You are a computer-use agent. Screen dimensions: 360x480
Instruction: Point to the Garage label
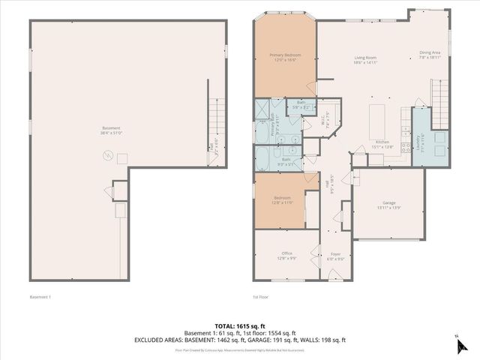388,203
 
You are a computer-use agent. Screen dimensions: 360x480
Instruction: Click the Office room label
286,255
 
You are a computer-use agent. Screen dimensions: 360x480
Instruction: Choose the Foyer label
336,256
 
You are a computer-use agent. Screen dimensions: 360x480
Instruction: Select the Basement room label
111,130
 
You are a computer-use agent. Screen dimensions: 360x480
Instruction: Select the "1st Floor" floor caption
260,298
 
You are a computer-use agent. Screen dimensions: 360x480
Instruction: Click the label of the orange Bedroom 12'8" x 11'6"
282,200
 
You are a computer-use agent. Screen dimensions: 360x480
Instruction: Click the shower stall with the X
264,109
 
